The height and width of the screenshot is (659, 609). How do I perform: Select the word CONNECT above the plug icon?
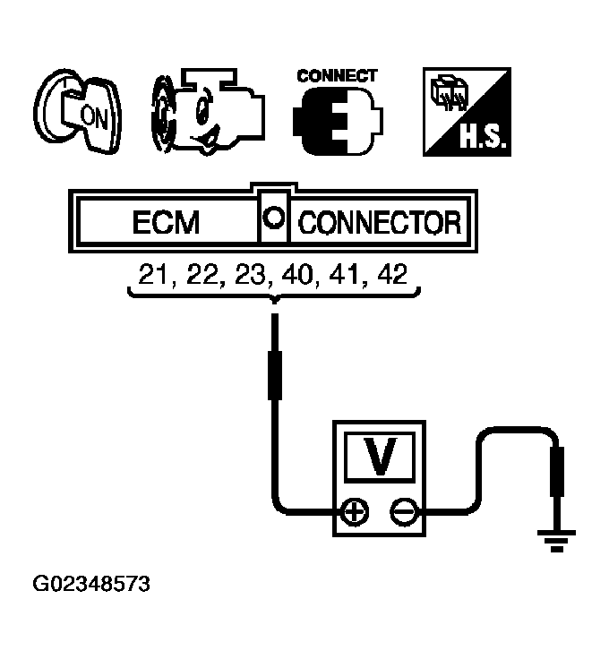(x=337, y=76)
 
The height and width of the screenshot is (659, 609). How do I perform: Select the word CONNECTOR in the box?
(x=380, y=222)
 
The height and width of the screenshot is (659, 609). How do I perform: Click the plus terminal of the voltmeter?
(x=356, y=512)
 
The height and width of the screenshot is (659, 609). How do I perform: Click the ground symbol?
(x=555, y=539)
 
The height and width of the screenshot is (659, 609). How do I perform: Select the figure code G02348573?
(x=91, y=586)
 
